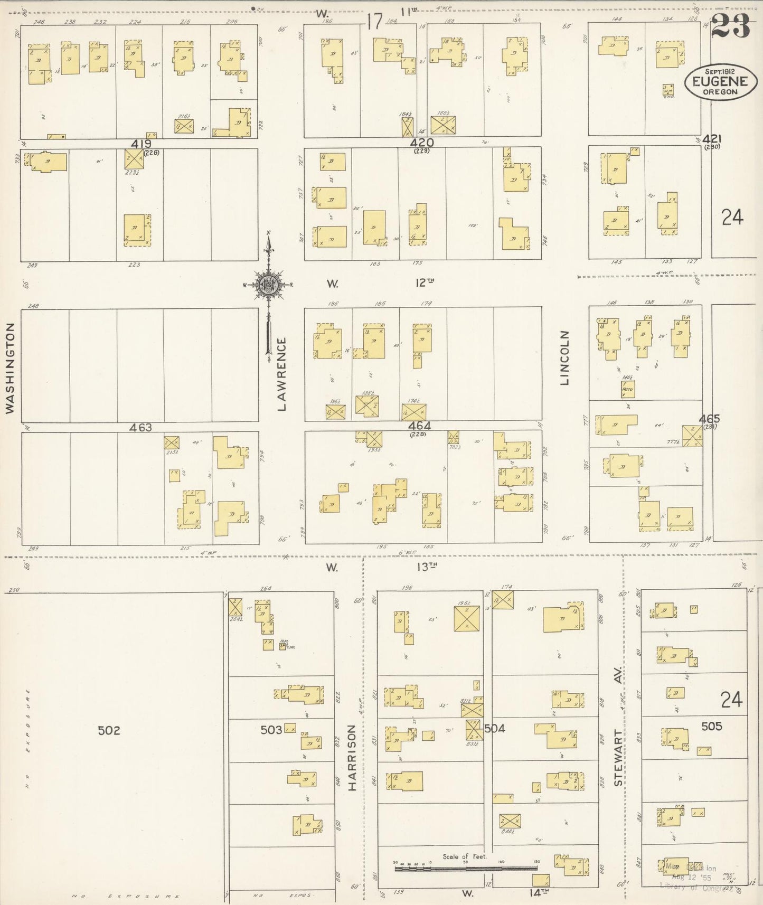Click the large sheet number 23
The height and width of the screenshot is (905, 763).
(x=730, y=25)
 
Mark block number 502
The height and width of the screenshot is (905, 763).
(x=109, y=731)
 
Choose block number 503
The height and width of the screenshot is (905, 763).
(x=271, y=730)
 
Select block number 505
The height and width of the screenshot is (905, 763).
(x=711, y=727)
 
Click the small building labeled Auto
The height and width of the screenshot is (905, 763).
(x=627, y=390)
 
